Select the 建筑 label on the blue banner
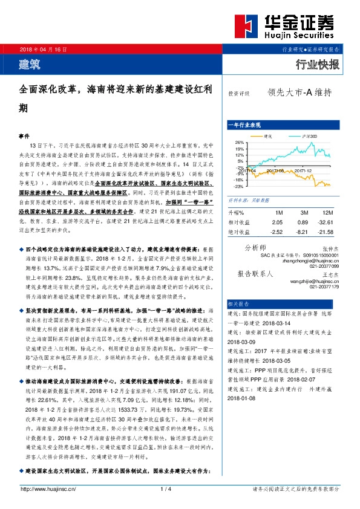coord(28,63)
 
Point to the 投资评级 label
coord(239,94)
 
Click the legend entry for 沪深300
coord(306,136)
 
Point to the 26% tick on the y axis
coord(240,142)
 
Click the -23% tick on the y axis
coord(239,187)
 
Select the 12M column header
coord(328,213)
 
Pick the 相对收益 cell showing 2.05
coord(278,222)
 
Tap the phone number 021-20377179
coord(324,287)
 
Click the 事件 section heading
coord(24,137)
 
